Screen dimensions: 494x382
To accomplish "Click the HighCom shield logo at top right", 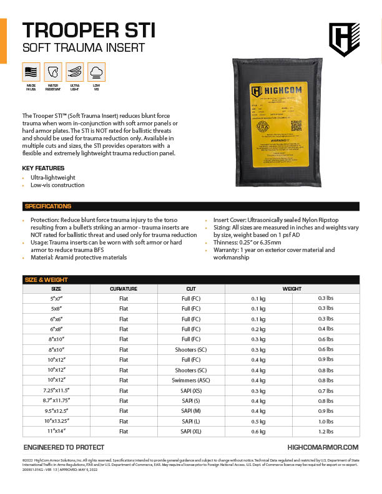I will (x=344, y=40).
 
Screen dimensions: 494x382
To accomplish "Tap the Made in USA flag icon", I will (x=31, y=72).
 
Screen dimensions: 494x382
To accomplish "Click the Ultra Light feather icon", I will (x=74, y=72).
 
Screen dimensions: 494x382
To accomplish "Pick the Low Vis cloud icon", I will (x=96, y=72).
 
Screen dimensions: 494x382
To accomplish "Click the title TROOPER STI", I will (x=89, y=30).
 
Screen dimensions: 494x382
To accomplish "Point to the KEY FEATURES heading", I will (x=43, y=168).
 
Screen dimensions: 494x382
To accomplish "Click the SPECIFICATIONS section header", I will (x=47, y=206).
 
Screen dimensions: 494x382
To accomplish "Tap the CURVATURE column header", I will (x=124, y=289).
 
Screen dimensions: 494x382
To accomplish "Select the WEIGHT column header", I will (x=291, y=289).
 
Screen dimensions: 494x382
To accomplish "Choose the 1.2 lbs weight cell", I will (x=326, y=431).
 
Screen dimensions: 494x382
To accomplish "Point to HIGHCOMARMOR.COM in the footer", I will (x=323, y=447).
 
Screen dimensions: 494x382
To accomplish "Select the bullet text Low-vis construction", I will (x=57, y=185).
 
